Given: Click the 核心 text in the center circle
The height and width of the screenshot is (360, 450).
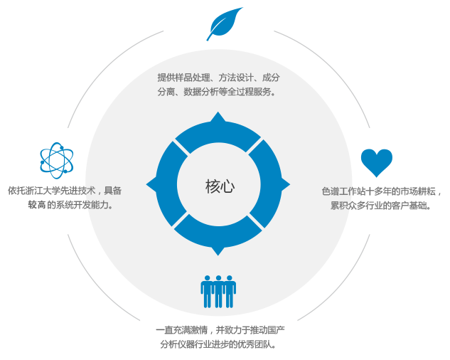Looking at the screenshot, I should (x=219, y=186).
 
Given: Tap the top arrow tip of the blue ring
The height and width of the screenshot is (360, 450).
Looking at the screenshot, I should (x=218, y=116).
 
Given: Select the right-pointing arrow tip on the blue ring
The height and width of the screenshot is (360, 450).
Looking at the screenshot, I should (x=286, y=186).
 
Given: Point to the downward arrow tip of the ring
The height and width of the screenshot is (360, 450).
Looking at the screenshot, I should (x=218, y=251).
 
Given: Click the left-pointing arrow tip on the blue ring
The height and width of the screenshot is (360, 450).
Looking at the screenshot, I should (x=150, y=186).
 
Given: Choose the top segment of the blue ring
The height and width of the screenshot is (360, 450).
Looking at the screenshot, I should (x=218, y=134).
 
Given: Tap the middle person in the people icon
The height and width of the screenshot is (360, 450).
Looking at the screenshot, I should (x=218, y=291).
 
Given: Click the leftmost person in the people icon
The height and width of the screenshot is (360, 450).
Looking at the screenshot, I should (x=207, y=291).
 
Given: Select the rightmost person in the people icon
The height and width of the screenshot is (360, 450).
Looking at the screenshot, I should (x=230, y=291).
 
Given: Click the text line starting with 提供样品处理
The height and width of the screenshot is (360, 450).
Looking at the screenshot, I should (x=218, y=77).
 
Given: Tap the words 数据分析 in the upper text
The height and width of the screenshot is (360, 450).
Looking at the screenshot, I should (x=199, y=91).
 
